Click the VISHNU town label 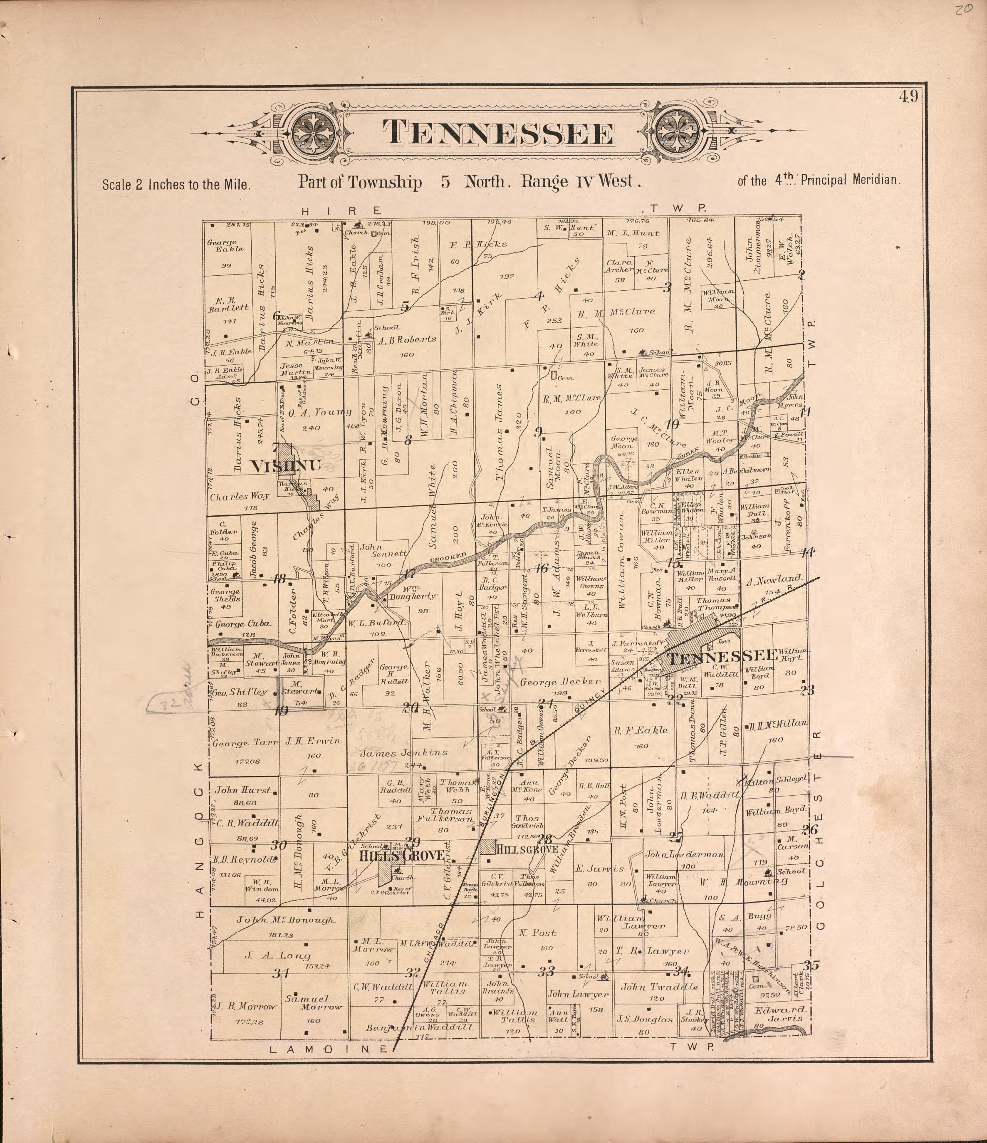[x=285, y=466]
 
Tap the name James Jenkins [x=404, y=752]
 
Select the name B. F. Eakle [x=641, y=730]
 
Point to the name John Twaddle [x=659, y=987]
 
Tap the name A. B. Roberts [x=407, y=340]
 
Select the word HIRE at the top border [x=341, y=210]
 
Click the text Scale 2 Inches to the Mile [x=176, y=184]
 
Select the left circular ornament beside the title [x=312, y=134]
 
